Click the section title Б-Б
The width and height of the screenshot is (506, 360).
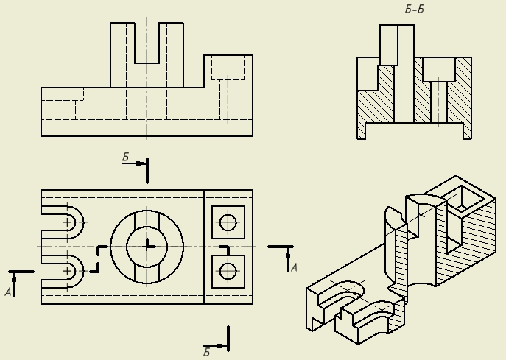coord(415,10)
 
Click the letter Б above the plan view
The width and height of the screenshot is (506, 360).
coord(125,157)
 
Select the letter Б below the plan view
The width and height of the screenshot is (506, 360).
coord(206,352)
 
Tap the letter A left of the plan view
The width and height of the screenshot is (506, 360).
coord(8,292)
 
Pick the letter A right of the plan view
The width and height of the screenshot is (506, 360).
coord(294,267)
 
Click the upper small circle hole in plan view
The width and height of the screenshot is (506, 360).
coord(228,222)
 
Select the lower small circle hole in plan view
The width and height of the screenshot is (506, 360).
coord(228,272)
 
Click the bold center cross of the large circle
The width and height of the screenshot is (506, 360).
coord(147,247)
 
